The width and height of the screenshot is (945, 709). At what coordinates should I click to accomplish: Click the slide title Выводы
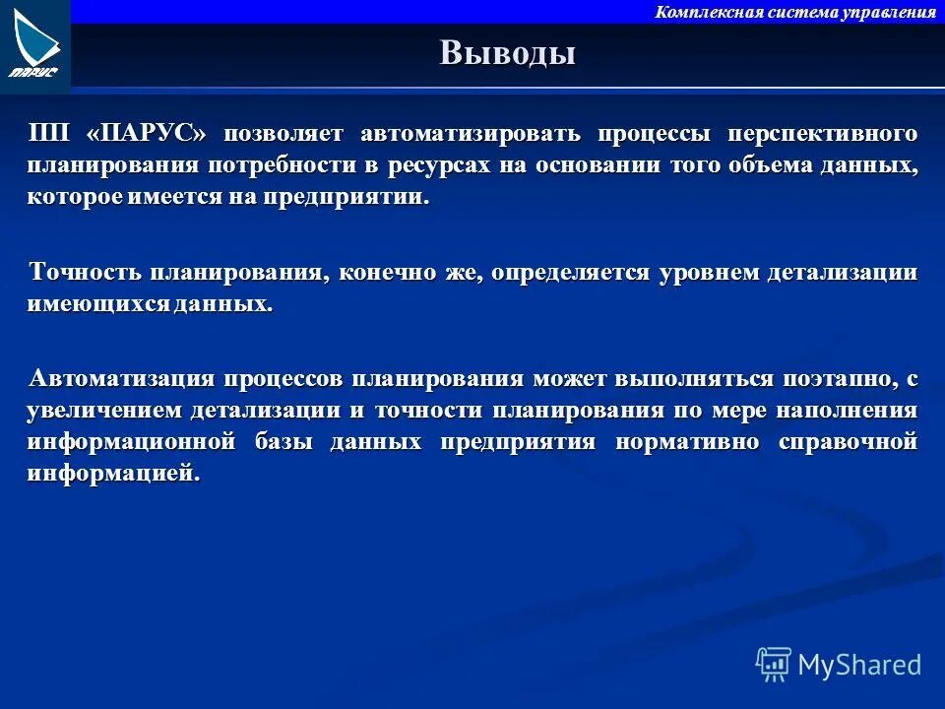(x=507, y=52)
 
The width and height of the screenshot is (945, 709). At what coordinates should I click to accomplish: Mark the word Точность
(x=87, y=273)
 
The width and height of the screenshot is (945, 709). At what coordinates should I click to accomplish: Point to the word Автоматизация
(x=120, y=379)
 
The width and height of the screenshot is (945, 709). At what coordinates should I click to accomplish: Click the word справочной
(x=848, y=442)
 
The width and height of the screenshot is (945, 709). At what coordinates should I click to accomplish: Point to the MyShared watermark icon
(x=774, y=664)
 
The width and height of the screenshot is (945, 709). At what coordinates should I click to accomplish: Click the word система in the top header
(x=782, y=12)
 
